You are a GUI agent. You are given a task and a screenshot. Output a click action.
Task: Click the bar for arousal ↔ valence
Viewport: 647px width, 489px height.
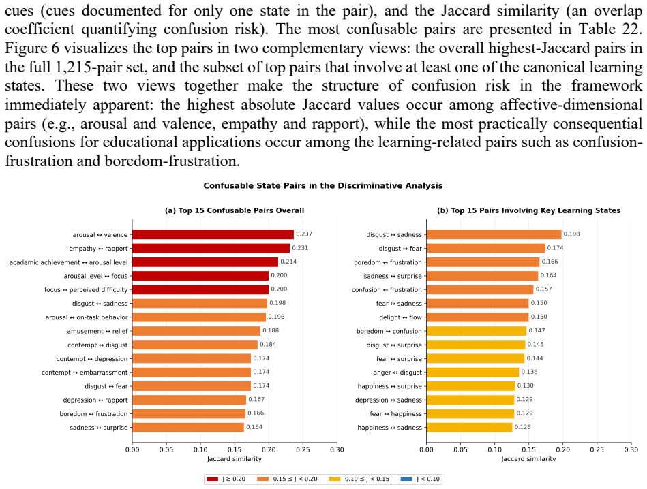(213, 234)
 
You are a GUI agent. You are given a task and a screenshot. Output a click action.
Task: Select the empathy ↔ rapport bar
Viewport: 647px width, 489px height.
(211, 248)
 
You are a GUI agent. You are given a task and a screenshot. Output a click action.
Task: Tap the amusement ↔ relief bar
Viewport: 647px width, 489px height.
(196, 331)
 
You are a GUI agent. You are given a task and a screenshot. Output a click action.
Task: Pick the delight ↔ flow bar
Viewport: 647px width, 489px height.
(477, 317)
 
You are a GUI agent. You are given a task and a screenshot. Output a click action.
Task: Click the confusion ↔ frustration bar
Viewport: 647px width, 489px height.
(480, 290)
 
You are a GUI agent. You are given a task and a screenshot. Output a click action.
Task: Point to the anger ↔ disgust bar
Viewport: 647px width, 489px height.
(473, 373)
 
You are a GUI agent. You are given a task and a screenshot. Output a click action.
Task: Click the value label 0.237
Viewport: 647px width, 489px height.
(304, 234)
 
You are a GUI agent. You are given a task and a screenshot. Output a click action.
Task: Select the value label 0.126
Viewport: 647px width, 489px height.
(523, 427)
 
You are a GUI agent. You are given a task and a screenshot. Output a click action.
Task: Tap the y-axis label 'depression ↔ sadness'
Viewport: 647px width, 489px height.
(389, 400)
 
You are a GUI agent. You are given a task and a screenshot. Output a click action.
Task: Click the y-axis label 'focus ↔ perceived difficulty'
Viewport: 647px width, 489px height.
(86, 290)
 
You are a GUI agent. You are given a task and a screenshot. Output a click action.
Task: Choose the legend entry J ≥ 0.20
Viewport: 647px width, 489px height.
(226, 479)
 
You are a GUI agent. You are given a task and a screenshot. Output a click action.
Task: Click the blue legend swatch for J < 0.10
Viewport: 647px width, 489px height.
(406, 479)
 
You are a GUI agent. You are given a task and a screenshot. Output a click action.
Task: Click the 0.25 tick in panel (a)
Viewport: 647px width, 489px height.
(303, 449)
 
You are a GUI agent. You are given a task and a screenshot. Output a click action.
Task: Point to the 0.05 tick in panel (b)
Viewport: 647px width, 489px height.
(460, 449)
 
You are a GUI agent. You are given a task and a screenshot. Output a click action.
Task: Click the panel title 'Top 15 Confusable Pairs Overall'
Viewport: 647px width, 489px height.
(241, 210)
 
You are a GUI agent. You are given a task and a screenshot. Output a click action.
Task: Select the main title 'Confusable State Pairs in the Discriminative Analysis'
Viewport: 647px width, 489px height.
(323, 185)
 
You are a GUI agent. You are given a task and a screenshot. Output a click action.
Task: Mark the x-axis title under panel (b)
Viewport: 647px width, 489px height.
(528, 458)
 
